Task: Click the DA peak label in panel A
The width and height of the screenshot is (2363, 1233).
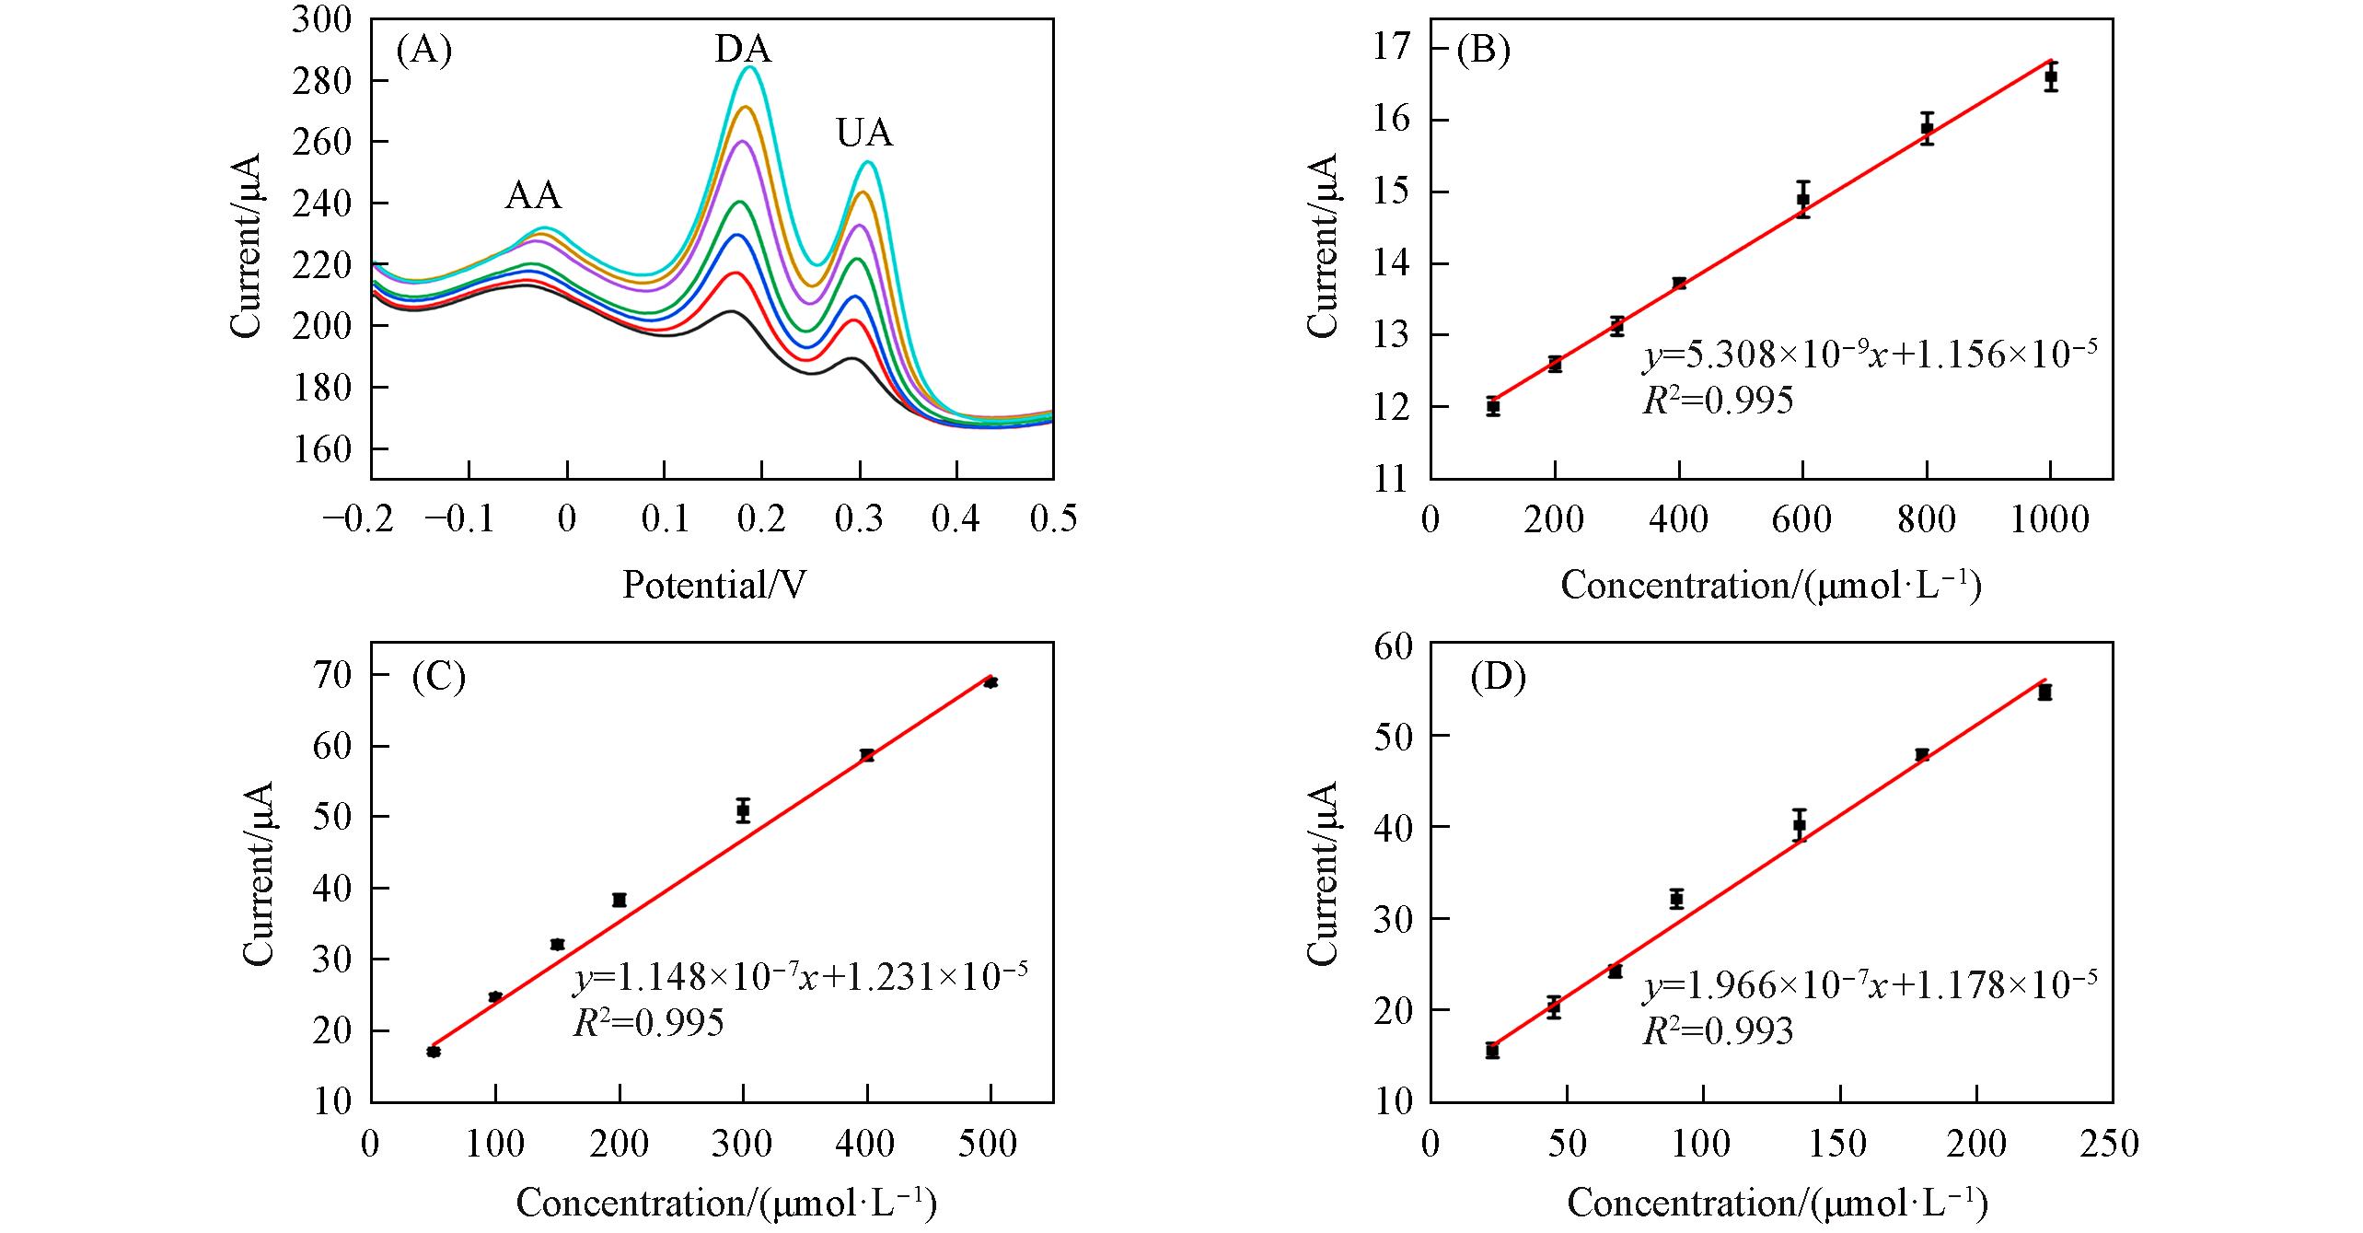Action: click(x=743, y=49)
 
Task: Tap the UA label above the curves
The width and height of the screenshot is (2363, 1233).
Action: click(x=864, y=134)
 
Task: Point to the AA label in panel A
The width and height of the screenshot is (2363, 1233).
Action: click(x=533, y=195)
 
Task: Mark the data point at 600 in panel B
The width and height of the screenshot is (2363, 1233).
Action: click(x=1802, y=199)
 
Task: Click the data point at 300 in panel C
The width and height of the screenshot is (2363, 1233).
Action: click(x=743, y=810)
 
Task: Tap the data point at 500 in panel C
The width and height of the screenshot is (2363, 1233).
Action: click(x=990, y=682)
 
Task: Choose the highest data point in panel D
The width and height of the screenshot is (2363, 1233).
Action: click(x=2044, y=692)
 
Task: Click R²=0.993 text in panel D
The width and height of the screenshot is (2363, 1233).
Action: click(x=1718, y=1032)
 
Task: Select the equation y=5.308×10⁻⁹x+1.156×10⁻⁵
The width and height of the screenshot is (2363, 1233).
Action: click(x=1870, y=355)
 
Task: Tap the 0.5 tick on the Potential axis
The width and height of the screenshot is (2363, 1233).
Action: click(x=1052, y=520)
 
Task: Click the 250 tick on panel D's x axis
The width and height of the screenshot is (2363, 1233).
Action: click(x=2112, y=1144)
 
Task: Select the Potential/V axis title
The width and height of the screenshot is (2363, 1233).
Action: click(x=713, y=585)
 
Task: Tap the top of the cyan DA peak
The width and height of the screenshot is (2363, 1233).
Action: click(x=750, y=66)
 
